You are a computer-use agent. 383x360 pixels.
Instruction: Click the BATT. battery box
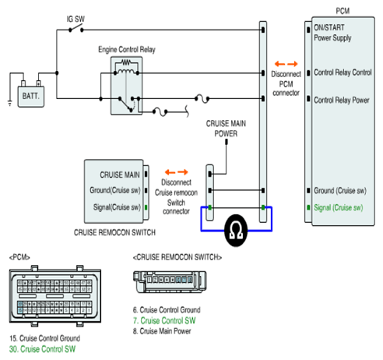point(31,97)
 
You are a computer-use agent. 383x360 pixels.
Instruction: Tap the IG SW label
point(76,19)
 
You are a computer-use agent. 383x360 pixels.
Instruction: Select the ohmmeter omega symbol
point(236,231)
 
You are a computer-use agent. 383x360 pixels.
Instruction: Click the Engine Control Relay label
point(127,49)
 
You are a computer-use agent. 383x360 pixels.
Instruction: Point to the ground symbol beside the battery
point(10,104)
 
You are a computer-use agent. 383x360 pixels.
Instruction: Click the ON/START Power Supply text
point(332,33)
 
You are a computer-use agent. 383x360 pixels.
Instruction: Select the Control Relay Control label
point(343,72)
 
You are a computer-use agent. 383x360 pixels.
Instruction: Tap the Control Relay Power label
point(342,100)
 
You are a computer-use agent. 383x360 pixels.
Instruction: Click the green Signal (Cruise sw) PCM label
point(339,207)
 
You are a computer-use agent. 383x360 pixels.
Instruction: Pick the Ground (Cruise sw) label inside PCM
point(340,191)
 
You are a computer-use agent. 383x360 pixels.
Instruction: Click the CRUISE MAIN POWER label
point(226,129)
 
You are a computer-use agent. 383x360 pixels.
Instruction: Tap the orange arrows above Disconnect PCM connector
point(286,64)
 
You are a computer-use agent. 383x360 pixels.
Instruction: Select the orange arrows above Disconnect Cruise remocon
point(177,172)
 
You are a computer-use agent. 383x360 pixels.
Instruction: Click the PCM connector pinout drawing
point(55,296)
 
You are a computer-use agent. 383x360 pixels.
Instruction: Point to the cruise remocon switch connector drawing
point(170,282)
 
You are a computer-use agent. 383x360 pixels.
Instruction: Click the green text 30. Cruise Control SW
point(42,349)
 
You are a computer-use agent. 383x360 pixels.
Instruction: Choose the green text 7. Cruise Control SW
point(164,320)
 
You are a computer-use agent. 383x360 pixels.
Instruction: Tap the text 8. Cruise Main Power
point(162,331)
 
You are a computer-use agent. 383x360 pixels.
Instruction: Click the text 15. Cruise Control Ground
point(44,338)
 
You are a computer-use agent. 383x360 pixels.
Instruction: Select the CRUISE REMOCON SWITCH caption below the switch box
point(114,232)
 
